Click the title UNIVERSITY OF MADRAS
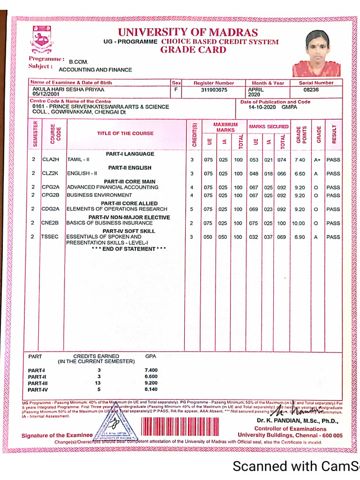coord(187,32)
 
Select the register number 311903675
coord(214,90)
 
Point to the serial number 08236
coord(311,90)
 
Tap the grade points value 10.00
coord(299,224)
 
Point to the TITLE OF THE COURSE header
coord(125,133)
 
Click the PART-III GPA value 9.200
coord(151,383)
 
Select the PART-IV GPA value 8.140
coord(151,389)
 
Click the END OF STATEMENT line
coord(129,249)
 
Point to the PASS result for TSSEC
coord(333,237)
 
